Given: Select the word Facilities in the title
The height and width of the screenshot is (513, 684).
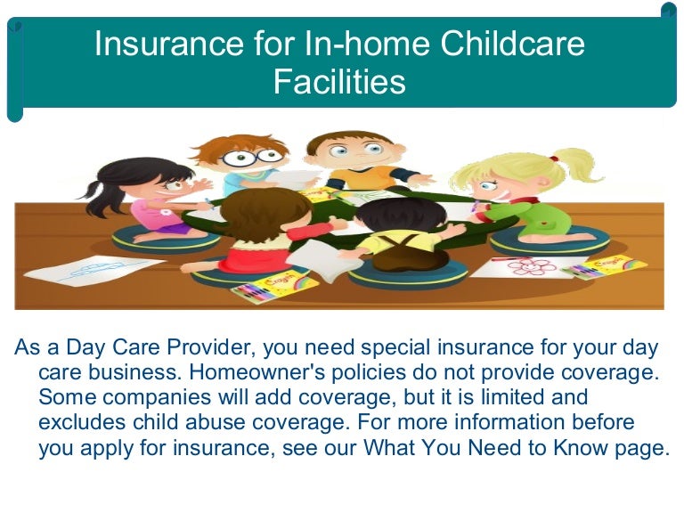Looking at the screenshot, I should [x=339, y=82].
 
